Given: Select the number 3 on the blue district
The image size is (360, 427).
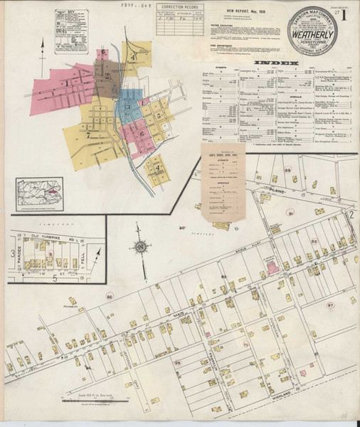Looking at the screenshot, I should (x=128, y=107).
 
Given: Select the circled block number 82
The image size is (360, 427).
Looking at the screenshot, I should (x=109, y=295).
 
